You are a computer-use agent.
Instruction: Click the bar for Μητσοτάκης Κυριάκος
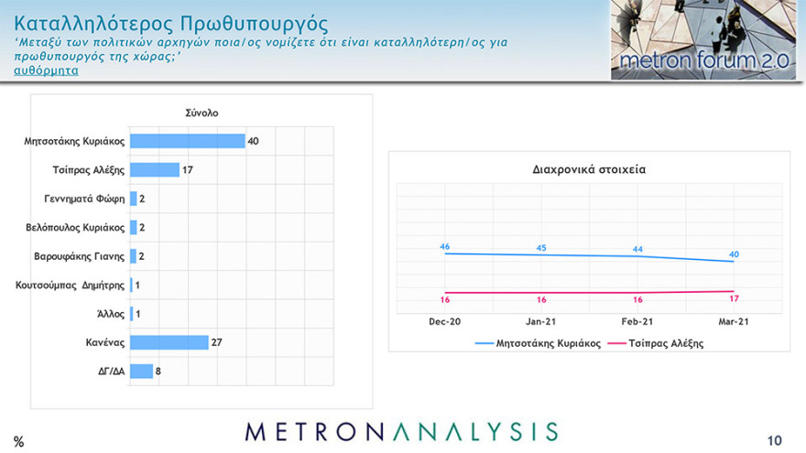(x=187, y=141)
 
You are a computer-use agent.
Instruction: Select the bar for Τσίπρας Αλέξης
(x=155, y=169)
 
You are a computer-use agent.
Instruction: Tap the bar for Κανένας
(x=169, y=342)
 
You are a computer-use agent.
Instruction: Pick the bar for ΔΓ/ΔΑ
(x=141, y=371)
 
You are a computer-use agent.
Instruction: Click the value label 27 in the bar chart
(x=217, y=342)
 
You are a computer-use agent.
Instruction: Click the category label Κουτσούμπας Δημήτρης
(x=70, y=285)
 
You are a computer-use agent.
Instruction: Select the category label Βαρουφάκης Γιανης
(x=79, y=256)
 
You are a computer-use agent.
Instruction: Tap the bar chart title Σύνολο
(x=202, y=113)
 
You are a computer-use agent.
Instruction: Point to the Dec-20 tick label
(x=444, y=321)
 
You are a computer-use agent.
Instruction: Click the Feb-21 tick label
(x=637, y=321)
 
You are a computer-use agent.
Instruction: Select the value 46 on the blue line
(x=444, y=246)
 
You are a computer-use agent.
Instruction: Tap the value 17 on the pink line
(x=734, y=298)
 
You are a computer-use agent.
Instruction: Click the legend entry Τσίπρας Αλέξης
(x=664, y=344)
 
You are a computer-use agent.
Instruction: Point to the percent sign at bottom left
(x=18, y=441)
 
